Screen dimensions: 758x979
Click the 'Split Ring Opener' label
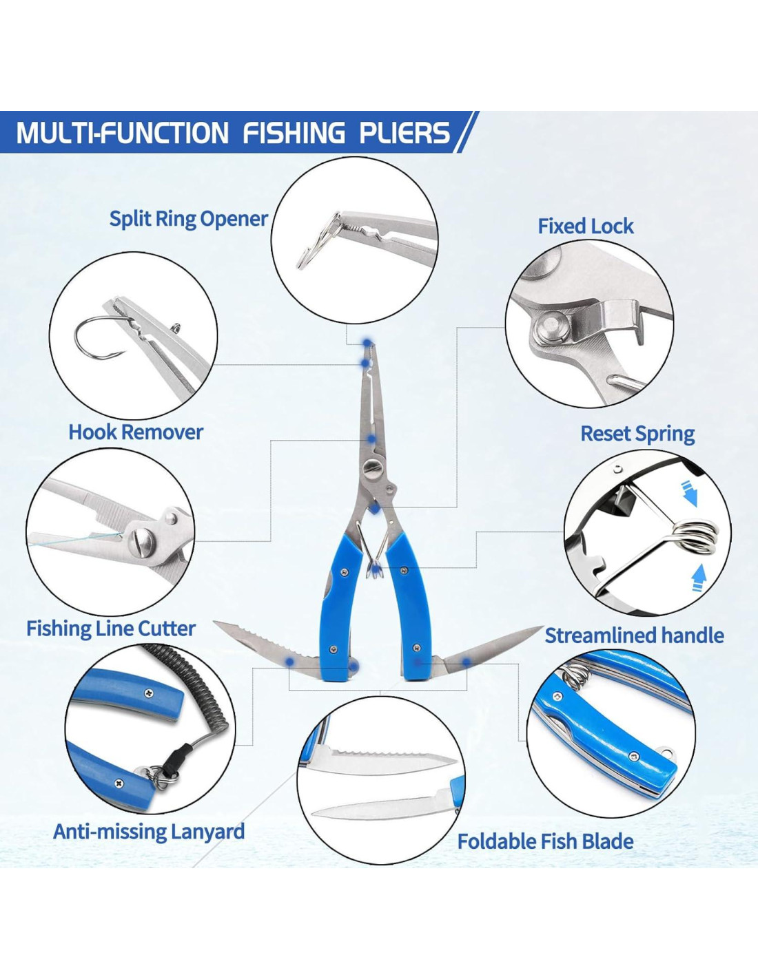coord(189,219)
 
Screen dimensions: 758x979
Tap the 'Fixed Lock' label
coord(585,226)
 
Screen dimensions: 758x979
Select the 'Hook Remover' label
coord(136,432)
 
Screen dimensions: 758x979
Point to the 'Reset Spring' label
coord(637,434)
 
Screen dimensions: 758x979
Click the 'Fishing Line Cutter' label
coord(111,629)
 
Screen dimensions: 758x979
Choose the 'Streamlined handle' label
coord(635,635)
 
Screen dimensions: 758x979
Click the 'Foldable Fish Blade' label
coord(545,841)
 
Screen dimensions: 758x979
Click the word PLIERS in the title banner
coord(404,132)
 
